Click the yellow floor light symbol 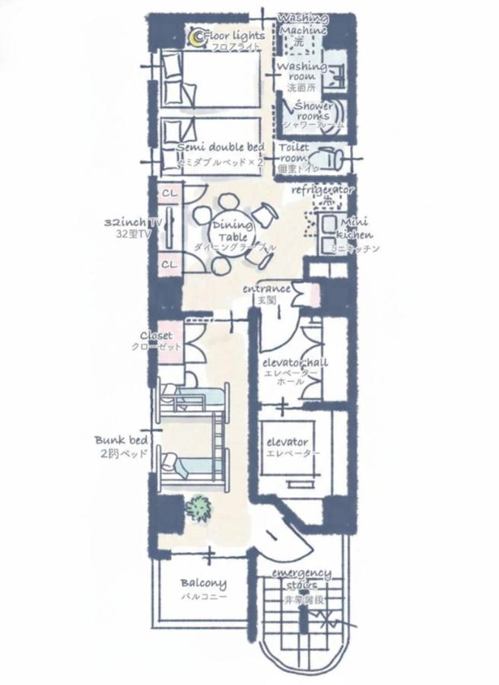pyautogui.click(x=197, y=36)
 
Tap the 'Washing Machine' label pyautogui.click(x=303, y=24)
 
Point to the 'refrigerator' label pyautogui.click(x=323, y=189)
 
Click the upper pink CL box pyautogui.click(x=170, y=193)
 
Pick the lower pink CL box pyautogui.click(x=170, y=264)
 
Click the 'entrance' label pyautogui.click(x=267, y=289)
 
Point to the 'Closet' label pyautogui.click(x=156, y=335)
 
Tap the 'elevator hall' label pyautogui.click(x=294, y=362)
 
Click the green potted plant pyautogui.click(x=199, y=507)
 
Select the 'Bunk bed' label pyautogui.click(x=120, y=440)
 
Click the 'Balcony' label pyautogui.click(x=203, y=584)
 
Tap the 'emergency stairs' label pyautogui.click(x=301, y=578)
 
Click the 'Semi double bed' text pyautogui.click(x=221, y=147)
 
